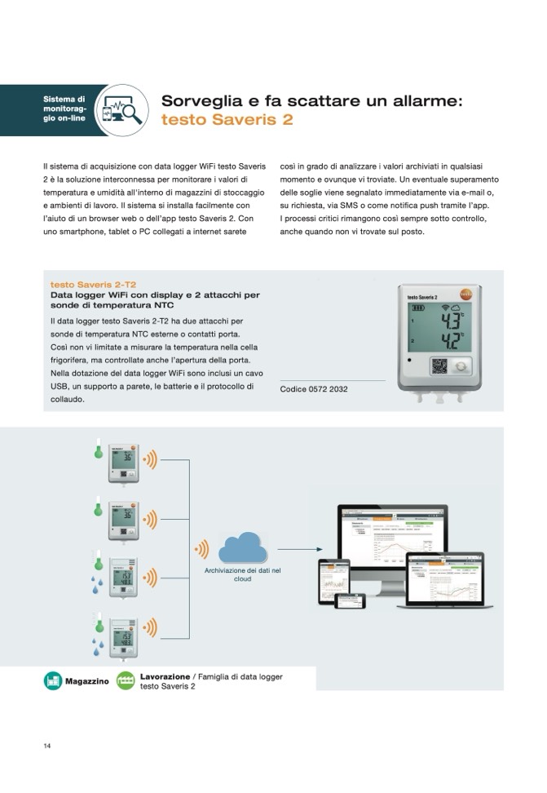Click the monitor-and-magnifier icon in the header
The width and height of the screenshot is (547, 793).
tap(121, 110)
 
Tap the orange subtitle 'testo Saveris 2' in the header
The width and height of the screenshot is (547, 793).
tap(227, 120)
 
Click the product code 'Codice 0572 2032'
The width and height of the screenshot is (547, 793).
tap(314, 389)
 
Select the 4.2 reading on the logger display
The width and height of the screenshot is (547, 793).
tap(449, 339)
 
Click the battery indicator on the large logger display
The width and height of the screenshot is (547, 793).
tap(417, 308)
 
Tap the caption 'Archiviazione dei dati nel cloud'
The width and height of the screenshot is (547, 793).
tap(243, 574)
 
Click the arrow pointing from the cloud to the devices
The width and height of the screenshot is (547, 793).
tap(299, 549)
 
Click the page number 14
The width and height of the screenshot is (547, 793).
tap(47, 746)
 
